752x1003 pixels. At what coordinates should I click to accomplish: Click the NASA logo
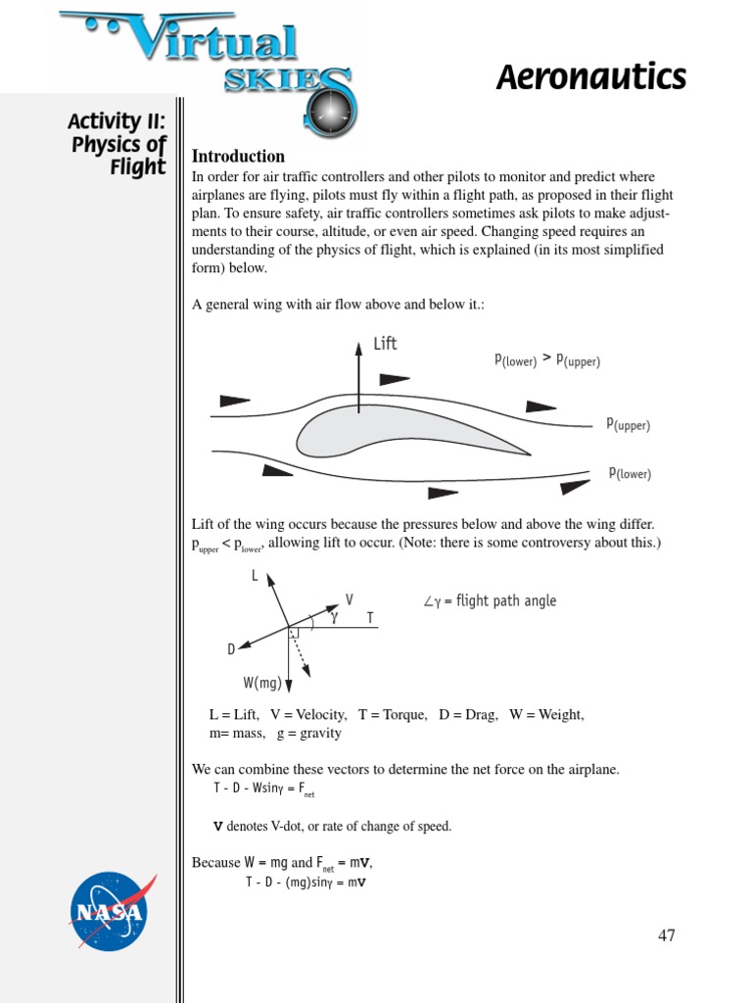pos(109,912)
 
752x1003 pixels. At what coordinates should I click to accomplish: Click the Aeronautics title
pos(590,77)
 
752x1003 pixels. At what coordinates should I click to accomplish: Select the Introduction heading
pos(238,157)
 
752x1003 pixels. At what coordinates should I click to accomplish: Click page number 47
pos(666,935)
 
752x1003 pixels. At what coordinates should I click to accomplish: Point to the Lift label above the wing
pos(385,344)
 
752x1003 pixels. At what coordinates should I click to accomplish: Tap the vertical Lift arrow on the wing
pos(358,377)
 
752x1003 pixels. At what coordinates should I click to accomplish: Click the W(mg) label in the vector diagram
pos(262,683)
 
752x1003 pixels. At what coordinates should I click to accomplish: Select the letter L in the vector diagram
pos(255,577)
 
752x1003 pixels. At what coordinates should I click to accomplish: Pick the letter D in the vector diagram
pos(231,649)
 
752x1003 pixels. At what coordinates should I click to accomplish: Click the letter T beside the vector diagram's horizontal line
pos(370,618)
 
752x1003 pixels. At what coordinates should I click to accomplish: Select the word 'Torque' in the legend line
pos(400,715)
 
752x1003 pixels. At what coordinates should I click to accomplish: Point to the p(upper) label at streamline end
pos(628,424)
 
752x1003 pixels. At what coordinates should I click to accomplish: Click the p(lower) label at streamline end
pos(630,473)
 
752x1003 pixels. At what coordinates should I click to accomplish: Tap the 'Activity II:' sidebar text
pos(117,121)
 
